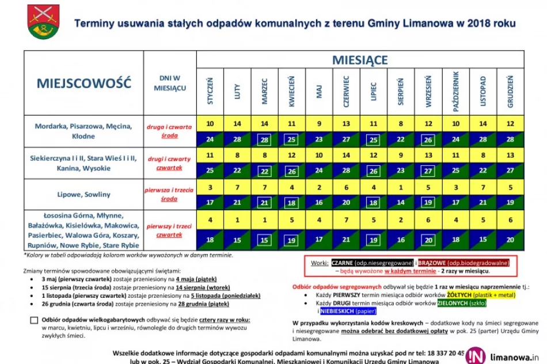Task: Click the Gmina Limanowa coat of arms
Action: click(x=43, y=21)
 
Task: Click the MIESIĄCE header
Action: click(x=360, y=59)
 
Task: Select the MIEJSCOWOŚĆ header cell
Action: click(x=84, y=83)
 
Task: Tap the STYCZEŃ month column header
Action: click(x=210, y=91)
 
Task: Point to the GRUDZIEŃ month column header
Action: click(x=510, y=91)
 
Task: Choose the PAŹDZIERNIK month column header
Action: click(x=455, y=91)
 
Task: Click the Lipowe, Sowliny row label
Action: click(x=84, y=194)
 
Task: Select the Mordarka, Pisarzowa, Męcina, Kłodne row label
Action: click(x=84, y=131)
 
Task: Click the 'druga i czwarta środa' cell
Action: click(x=169, y=131)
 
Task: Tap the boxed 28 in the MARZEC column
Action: click(x=264, y=139)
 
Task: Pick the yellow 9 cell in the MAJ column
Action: click(x=319, y=123)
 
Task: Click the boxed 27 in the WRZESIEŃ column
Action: click(x=428, y=171)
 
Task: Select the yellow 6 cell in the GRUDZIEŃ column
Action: click(x=510, y=219)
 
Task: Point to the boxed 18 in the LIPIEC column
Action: click(x=373, y=203)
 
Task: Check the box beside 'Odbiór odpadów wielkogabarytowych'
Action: click(x=35, y=321)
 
